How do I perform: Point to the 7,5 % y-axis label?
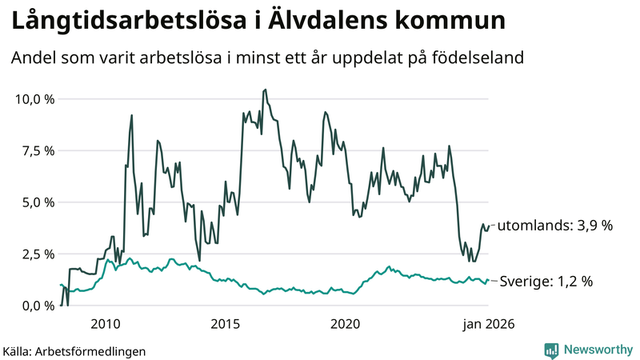pyautogui.click(x=34, y=150)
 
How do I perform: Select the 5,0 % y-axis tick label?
pyautogui.click(x=34, y=202)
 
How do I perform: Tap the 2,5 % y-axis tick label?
pyautogui.click(x=34, y=254)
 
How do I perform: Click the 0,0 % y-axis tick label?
pyautogui.click(x=34, y=306)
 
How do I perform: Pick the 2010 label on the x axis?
pyautogui.click(x=106, y=324)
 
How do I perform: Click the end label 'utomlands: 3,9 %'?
pyautogui.click(x=555, y=226)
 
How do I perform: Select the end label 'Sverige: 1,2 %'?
pyautogui.click(x=546, y=282)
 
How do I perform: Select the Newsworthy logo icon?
pyautogui.click(x=552, y=350)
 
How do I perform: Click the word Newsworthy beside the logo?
pyautogui.click(x=597, y=350)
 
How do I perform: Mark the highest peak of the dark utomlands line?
pyautogui.click(x=266, y=90)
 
